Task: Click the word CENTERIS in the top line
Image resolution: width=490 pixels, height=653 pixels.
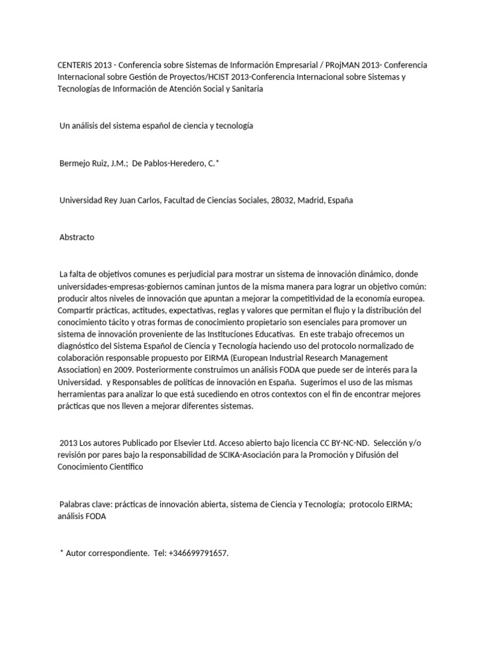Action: tap(68, 66)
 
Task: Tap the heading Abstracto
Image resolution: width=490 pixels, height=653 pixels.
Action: tap(77, 237)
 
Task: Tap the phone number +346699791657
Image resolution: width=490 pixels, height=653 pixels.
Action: tap(198, 554)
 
